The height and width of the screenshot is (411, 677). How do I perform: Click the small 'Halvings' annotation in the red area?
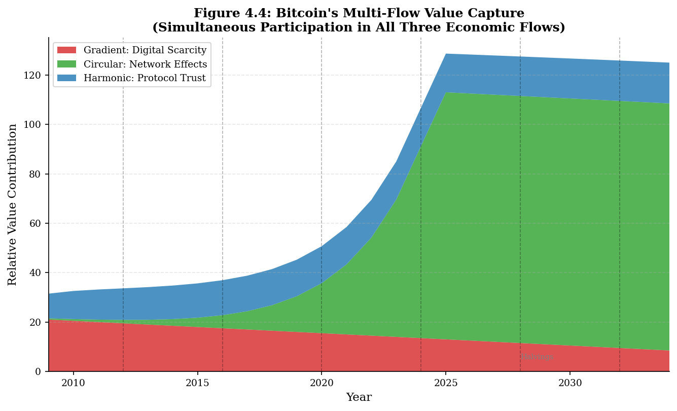pyautogui.click(x=538, y=357)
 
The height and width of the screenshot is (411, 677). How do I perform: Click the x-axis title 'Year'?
pyautogui.click(x=359, y=397)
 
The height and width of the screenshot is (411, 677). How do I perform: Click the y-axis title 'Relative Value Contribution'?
pyautogui.click(x=13, y=204)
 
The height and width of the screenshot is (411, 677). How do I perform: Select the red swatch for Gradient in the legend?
pyautogui.click(x=66, y=50)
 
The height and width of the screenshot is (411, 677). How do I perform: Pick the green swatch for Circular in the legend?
pyautogui.click(x=66, y=64)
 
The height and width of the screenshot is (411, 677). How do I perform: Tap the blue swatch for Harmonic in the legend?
pyautogui.click(x=66, y=78)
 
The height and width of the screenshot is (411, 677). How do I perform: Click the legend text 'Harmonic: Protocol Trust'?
pyautogui.click(x=145, y=78)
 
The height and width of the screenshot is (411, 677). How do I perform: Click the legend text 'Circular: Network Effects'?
pyautogui.click(x=145, y=64)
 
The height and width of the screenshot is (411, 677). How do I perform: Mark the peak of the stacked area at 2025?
pyautogui.click(x=446, y=54)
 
